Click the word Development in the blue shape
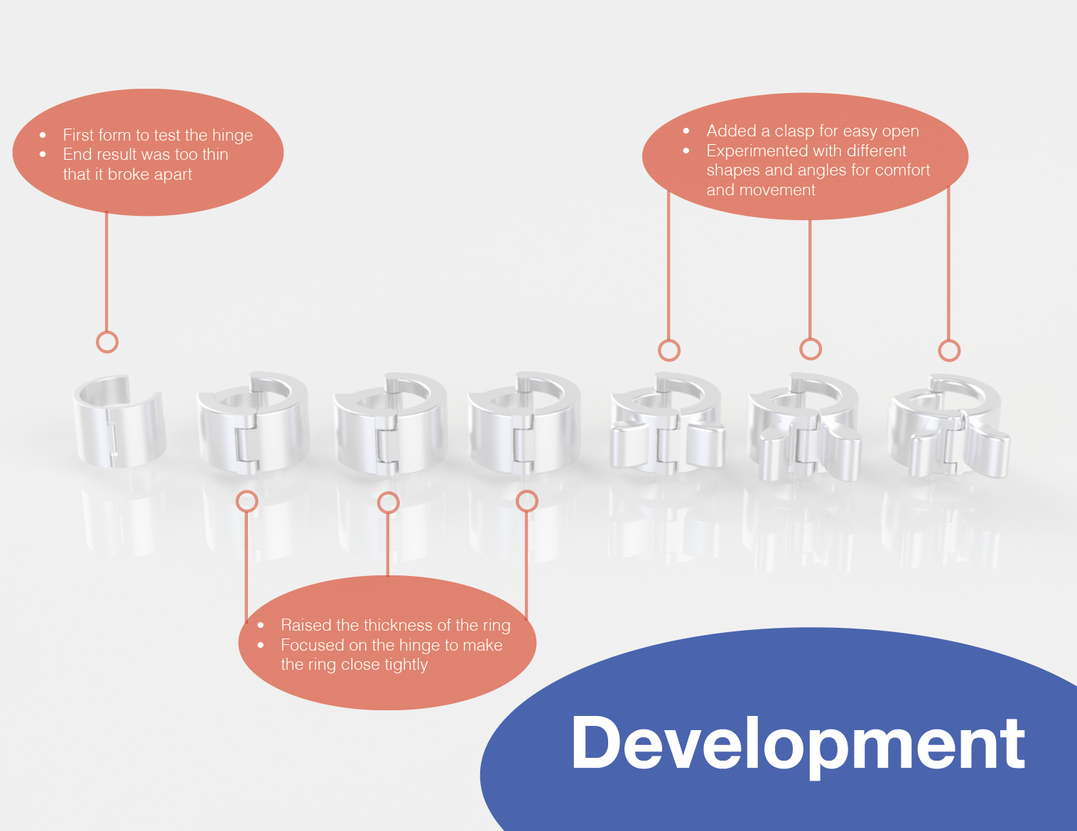click(x=798, y=744)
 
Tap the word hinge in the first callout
click(x=232, y=136)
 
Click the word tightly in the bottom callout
click(x=406, y=665)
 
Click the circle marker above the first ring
click(x=107, y=342)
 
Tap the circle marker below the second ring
click(x=247, y=501)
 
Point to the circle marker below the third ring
click(x=388, y=503)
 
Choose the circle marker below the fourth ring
click(x=526, y=501)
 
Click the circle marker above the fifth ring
click(x=669, y=350)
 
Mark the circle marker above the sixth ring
click(x=811, y=349)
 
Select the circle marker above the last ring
click(x=949, y=350)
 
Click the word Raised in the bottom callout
click(x=305, y=625)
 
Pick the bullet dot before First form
click(x=43, y=135)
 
